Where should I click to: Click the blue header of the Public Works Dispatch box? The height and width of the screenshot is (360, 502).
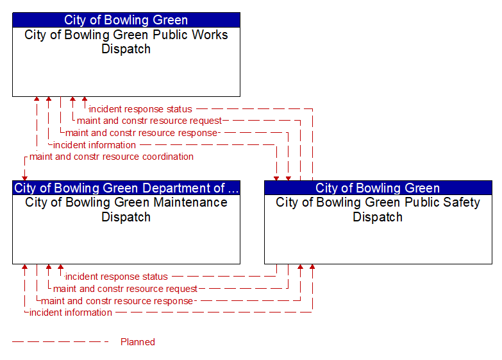(126, 20)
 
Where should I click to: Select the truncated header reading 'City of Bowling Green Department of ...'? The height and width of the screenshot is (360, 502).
(126, 188)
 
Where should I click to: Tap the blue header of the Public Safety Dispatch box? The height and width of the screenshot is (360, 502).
(378, 188)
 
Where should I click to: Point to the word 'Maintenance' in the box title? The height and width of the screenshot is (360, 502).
(190, 203)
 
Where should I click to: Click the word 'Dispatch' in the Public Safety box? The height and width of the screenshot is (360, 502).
(378, 217)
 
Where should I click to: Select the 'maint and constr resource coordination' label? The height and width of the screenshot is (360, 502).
(112, 157)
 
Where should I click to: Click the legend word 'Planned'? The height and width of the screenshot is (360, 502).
(138, 342)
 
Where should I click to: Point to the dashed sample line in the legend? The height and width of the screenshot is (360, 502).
(60, 342)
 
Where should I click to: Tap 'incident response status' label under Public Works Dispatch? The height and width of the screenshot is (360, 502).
(140, 109)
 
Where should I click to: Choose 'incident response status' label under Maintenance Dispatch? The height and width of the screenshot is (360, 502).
(117, 277)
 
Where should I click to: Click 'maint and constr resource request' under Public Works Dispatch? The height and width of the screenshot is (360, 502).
(149, 121)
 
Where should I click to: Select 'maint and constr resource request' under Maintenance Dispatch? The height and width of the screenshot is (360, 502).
(125, 289)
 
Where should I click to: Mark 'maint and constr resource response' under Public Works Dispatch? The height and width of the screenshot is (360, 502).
(142, 133)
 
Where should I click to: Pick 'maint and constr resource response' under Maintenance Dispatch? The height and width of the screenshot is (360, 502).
(117, 301)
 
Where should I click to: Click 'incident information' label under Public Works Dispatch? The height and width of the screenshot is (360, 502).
(94, 145)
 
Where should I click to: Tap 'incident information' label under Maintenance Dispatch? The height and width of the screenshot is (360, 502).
(71, 313)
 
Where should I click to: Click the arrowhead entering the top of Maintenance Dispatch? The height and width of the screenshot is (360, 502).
(24, 178)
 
